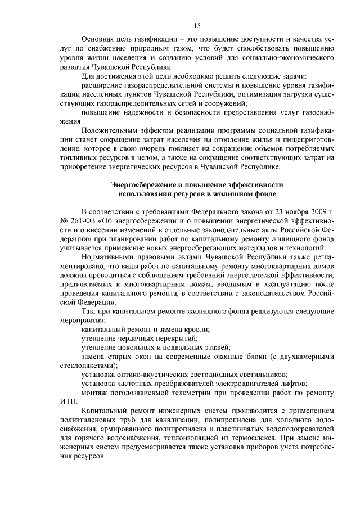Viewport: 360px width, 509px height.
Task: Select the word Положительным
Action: pos(110,130)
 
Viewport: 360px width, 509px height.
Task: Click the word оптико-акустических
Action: pos(152,374)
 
